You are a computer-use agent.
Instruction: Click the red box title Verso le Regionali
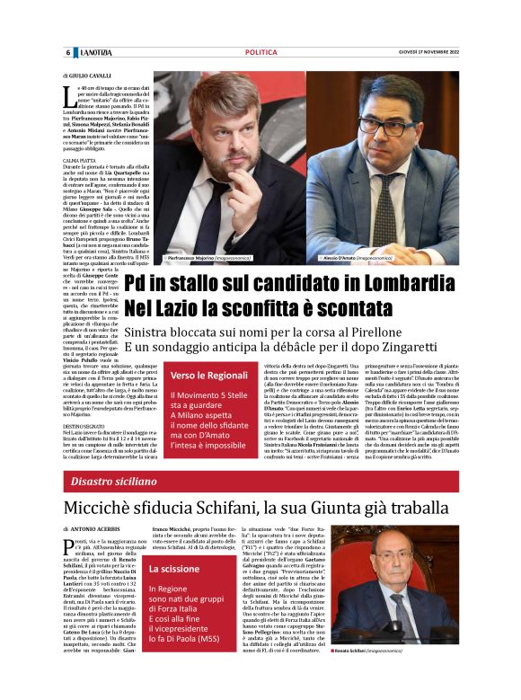209,375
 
